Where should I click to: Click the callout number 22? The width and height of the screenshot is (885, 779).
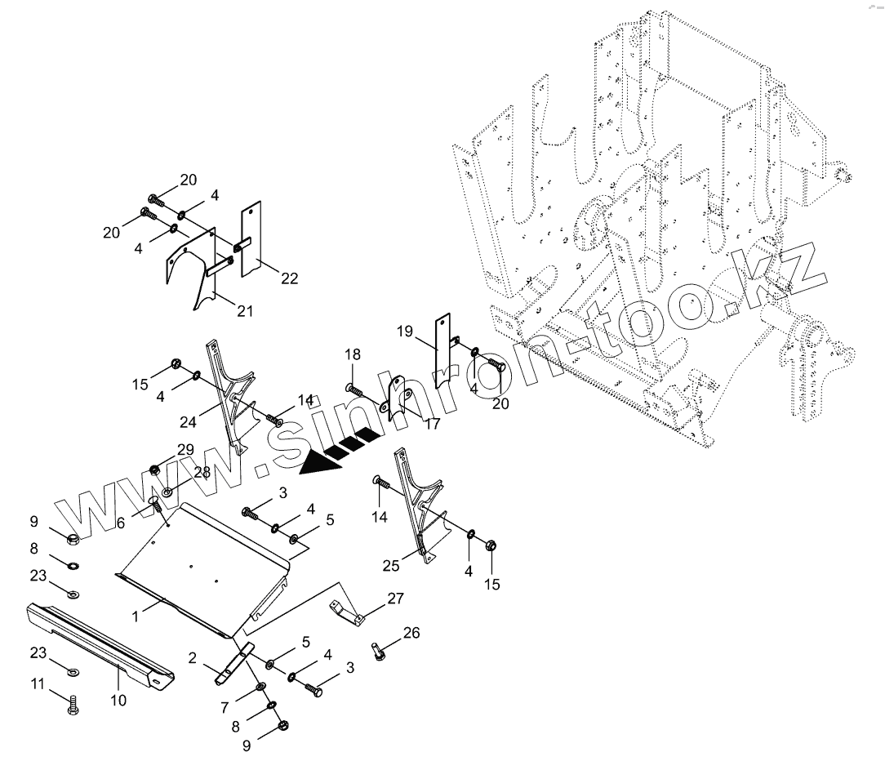(288, 278)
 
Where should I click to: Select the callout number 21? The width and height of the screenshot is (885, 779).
(244, 310)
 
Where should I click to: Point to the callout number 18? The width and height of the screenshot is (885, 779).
(352, 354)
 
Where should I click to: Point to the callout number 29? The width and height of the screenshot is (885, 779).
(185, 450)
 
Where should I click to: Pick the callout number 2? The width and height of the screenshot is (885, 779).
(193, 657)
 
